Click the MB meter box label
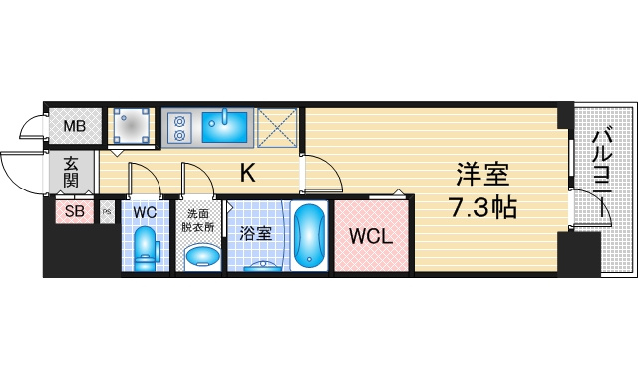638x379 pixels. pyautogui.click(x=75, y=126)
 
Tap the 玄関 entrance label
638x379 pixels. pyautogui.click(x=72, y=172)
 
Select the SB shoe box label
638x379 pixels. pyautogui.click(x=75, y=211)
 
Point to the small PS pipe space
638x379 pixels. pyautogui.click(x=107, y=212)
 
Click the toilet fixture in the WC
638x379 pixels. pyautogui.click(x=146, y=249)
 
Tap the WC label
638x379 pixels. pyautogui.click(x=145, y=212)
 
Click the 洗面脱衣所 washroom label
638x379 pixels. pyautogui.click(x=198, y=220)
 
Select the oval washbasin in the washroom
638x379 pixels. pyautogui.click(x=202, y=255)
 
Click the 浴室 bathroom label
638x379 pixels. pyautogui.click(x=255, y=233)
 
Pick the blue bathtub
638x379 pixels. pyautogui.click(x=310, y=236)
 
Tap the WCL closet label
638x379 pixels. pyautogui.click(x=371, y=236)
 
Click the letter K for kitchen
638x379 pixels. pyautogui.click(x=248, y=173)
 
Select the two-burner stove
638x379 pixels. pyautogui.click(x=179, y=127)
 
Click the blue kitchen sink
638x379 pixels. pyautogui.click(x=225, y=127)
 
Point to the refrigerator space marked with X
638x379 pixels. pyautogui.click(x=277, y=127)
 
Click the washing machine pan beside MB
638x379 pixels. pyautogui.click(x=131, y=126)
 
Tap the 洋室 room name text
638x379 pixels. pyautogui.click(x=482, y=174)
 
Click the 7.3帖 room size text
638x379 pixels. pyautogui.click(x=482, y=207)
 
